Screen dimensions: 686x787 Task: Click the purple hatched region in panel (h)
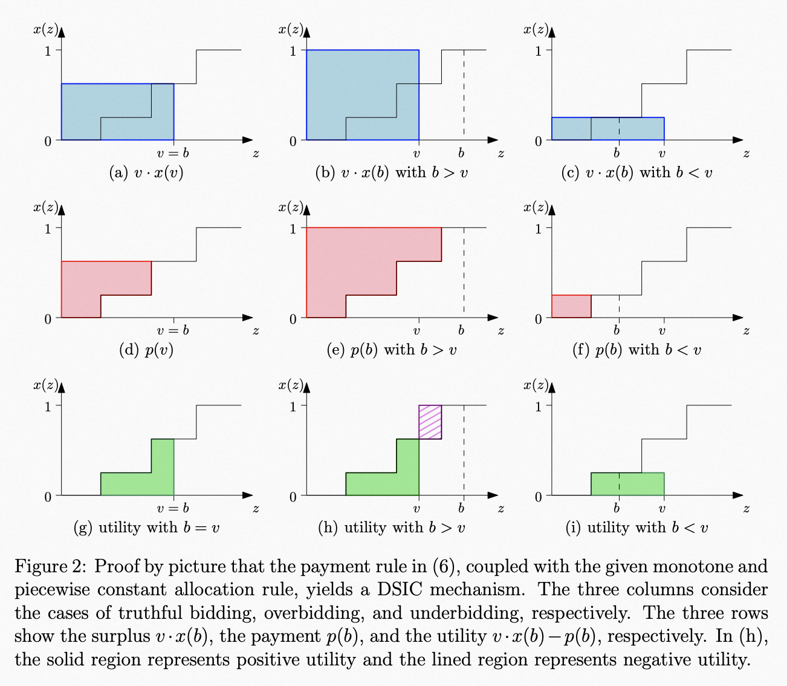click(430, 422)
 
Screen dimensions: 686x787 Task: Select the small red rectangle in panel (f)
click(571, 306)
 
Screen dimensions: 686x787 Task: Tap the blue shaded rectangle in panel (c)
click(607, 128)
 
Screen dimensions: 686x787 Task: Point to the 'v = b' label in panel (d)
click(173, 330)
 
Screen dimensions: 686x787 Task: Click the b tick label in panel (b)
click(461, 153)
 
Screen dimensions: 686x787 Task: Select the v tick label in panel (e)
click(416, 330)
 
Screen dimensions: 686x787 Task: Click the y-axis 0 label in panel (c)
click(538, 141)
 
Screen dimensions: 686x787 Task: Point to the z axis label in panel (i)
click(746, 509)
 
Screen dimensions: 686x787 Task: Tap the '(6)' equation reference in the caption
click(446, 567)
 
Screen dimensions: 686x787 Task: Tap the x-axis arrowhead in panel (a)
click(247, 140)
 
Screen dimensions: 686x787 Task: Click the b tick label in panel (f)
click(617, 330)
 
